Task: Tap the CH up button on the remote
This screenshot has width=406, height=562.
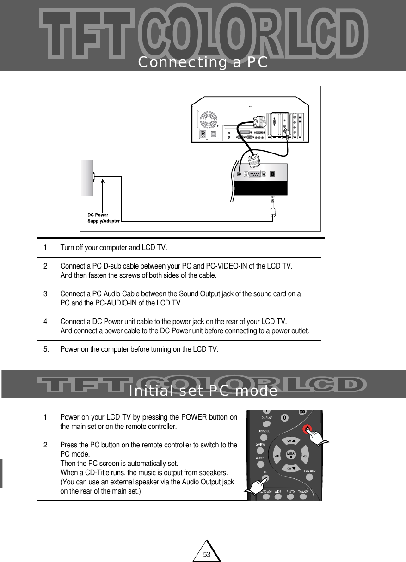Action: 291,440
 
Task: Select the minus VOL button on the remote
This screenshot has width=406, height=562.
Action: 277,453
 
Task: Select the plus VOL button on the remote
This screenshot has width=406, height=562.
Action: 305,452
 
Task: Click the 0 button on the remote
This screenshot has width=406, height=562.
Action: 285,418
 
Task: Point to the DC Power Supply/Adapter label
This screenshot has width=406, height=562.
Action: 104,218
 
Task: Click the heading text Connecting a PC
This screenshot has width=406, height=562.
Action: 203,62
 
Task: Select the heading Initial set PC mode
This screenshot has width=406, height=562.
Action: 203,391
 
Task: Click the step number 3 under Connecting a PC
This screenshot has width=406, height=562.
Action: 45,294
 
